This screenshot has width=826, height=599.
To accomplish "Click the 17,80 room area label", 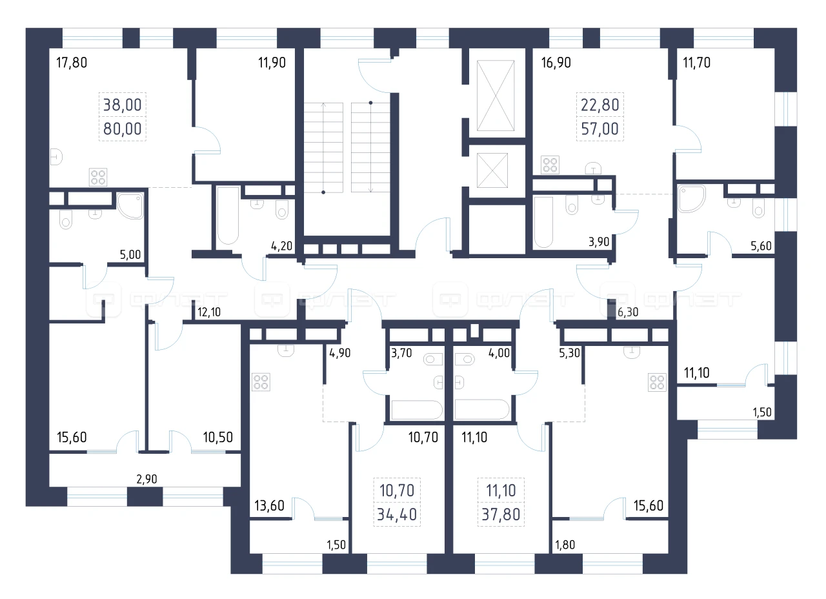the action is [72, 63].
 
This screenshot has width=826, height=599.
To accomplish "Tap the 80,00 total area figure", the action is [123, 129].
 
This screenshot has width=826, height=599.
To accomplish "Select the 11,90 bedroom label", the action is [272, 63].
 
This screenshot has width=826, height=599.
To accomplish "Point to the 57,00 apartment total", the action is [599, 129].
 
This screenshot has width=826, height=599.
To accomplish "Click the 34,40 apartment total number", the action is [397, 514].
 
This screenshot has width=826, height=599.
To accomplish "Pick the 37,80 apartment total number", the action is [501, 514].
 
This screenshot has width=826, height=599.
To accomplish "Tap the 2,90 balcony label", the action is [146, 479].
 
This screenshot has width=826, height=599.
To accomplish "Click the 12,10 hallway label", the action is [209, 312].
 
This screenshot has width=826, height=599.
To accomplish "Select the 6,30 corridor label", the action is [628, 312].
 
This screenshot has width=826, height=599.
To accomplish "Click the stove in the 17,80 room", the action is [98, 177].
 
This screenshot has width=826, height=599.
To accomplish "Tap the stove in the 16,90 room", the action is [550, 165].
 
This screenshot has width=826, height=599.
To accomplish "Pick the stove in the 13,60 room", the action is [261, 381].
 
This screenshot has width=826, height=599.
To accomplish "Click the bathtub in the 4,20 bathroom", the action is [228, 216].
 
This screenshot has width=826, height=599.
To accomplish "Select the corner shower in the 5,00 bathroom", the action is [130, 205].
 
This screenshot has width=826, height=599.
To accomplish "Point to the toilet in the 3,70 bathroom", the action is [433, 359].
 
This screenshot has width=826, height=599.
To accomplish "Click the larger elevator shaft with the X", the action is [496, 96].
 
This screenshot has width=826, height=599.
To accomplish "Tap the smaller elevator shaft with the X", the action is [492, 170].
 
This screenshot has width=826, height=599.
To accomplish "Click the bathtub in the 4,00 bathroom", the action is [481, 409].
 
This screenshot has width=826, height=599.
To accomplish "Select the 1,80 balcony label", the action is [565, 545].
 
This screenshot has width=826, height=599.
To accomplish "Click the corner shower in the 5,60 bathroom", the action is [692, 199].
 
